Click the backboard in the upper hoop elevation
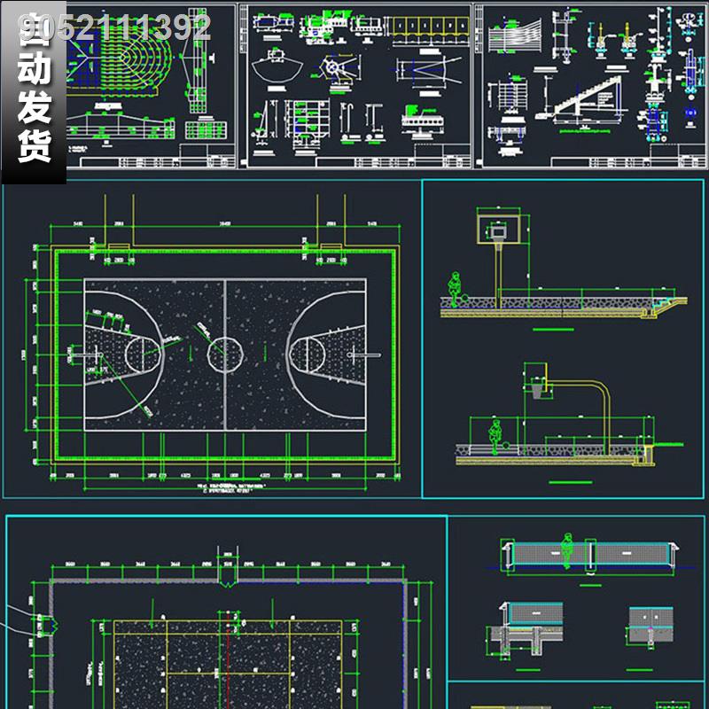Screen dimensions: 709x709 (495, 228)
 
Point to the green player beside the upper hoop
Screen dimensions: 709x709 (455, 290)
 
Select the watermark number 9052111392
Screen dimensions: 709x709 (115, 28)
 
